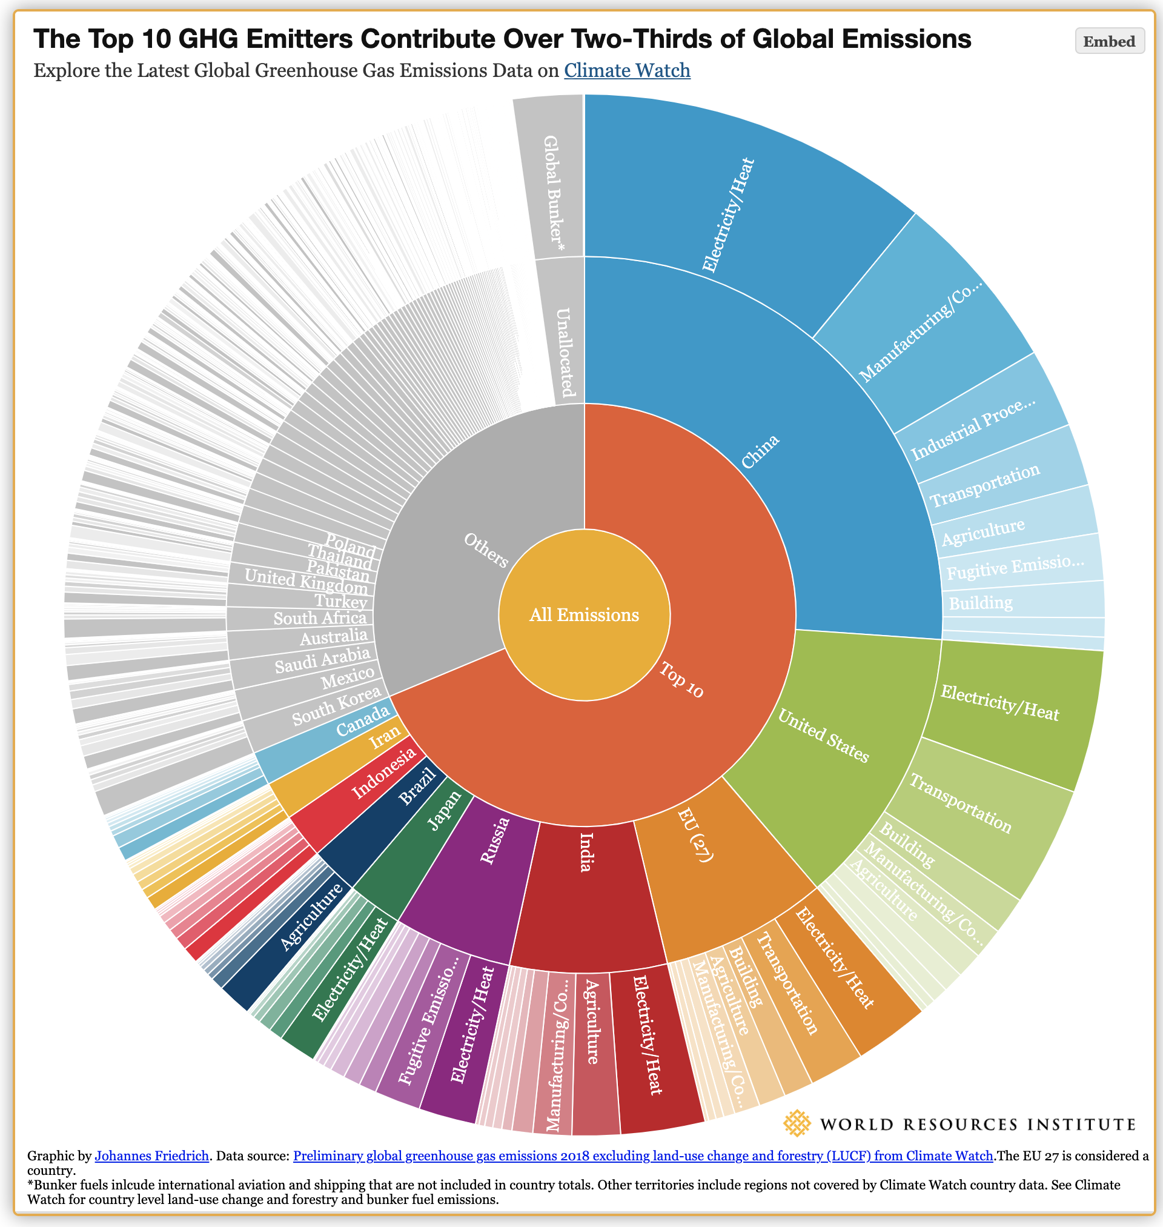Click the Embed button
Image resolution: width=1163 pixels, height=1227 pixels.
[1109, 42]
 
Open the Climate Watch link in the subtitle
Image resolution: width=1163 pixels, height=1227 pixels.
[627, 71]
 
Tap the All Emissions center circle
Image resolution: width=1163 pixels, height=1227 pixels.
[584, 614]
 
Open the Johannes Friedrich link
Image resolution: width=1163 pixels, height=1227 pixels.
[151, 1156]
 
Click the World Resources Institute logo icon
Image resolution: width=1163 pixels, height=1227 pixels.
[797, 1124]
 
